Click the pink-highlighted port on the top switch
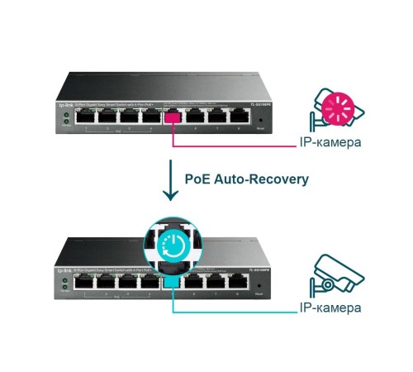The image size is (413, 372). pos(173,117)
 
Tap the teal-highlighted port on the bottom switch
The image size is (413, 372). pos(173,282)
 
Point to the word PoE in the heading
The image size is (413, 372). pos(198,178)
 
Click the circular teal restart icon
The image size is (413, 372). pos(173,245)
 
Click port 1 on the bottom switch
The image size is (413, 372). pos(85,281)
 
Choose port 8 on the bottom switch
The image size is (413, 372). pos(239,281)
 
